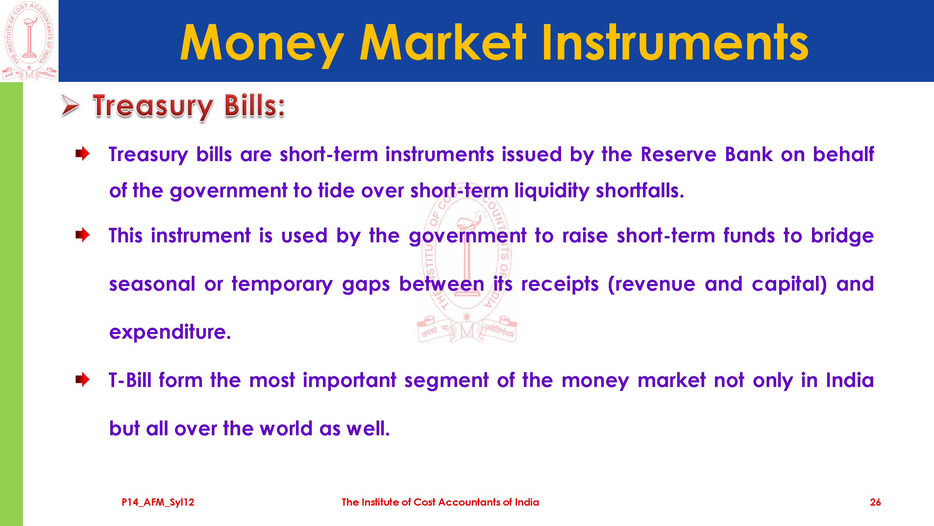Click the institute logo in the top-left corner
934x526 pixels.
[29, 41]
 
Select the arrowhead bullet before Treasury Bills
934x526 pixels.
[70, 106]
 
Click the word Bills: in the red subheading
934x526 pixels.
[255, 106]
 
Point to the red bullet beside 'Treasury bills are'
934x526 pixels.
[83, 154]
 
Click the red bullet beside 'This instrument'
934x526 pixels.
[83, 235]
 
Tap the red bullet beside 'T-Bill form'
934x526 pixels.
[83, 380]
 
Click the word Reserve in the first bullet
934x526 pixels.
[678, 154]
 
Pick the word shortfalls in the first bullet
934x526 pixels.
[640, 190]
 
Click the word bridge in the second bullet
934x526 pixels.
[842, 236]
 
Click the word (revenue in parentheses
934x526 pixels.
[651, 284]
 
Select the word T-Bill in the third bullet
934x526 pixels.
[130, 380]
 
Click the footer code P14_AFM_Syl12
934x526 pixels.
[158, 502]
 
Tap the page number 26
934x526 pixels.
[875, 502]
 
